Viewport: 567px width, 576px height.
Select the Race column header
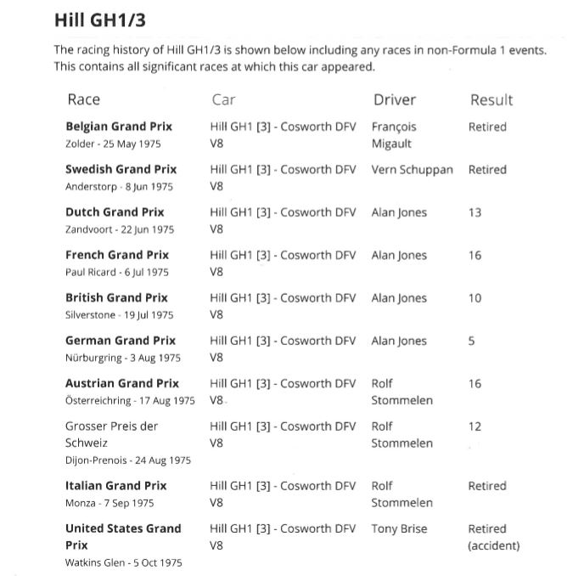tap(83, 99)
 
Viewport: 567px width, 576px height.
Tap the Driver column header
tap(395, 99)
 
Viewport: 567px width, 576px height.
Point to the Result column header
tap(491, 99)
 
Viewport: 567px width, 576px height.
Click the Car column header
tap(223, 99)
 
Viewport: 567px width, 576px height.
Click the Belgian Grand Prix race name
tap(119, 127)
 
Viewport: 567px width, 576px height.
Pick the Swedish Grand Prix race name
tap(121, 169)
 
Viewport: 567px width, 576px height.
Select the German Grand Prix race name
tap(121, 340)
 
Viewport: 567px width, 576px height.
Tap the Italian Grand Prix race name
tap(115, 485)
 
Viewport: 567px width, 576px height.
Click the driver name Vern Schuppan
tap(413, 169)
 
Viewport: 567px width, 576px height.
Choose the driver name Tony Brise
tap(399, 528)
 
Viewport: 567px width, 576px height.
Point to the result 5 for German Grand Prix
tap(472, 341)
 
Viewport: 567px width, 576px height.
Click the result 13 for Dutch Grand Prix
tap(474, 212)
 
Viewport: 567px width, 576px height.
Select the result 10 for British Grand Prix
tap(474, 298)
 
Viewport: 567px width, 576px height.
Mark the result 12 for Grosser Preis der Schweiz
tap(474, 426)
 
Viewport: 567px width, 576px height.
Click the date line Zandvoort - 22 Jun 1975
tap(119, 229)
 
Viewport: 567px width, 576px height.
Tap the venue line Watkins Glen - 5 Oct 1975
tap(123, 562)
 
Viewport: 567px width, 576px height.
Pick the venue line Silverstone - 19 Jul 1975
tap(119, 315)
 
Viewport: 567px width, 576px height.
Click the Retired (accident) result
tap(493, 537)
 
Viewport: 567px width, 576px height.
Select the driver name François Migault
tap(394, 135)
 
